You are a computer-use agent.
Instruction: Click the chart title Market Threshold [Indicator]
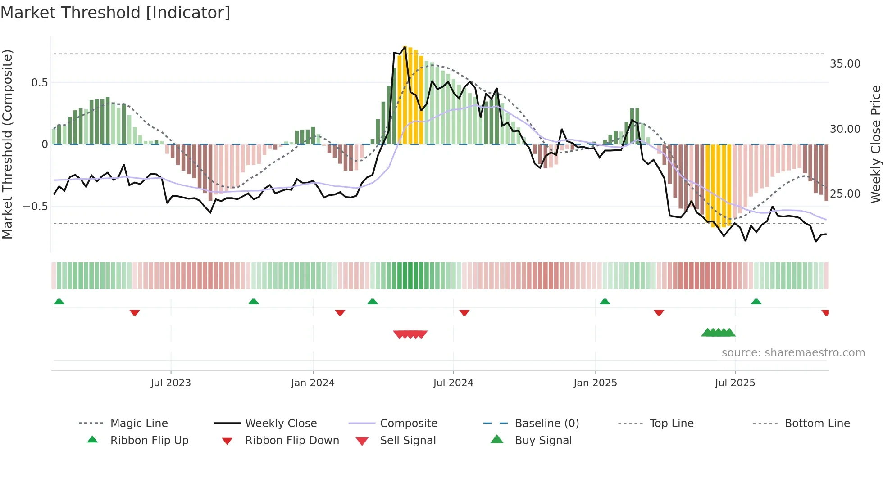click(115, 13)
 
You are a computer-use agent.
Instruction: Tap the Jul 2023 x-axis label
click(171, 383)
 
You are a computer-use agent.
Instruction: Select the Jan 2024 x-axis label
click(313, 383)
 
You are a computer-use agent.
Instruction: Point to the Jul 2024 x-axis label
click(453, 383)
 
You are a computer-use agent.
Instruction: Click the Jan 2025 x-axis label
click(595, 383)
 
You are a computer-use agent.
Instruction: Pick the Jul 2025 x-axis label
click(735, 383)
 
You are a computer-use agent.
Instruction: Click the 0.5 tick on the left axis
click(39, 83)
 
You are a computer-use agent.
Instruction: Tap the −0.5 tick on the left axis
click(36, 207)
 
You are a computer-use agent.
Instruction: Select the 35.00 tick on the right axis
click(845, 64)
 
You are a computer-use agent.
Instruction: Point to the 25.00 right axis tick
click(845, 194)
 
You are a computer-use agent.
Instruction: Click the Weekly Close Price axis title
click(875, 144)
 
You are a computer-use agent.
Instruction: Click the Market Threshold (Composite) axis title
click(7, 144)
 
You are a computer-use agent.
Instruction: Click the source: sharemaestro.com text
click(793, 353)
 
